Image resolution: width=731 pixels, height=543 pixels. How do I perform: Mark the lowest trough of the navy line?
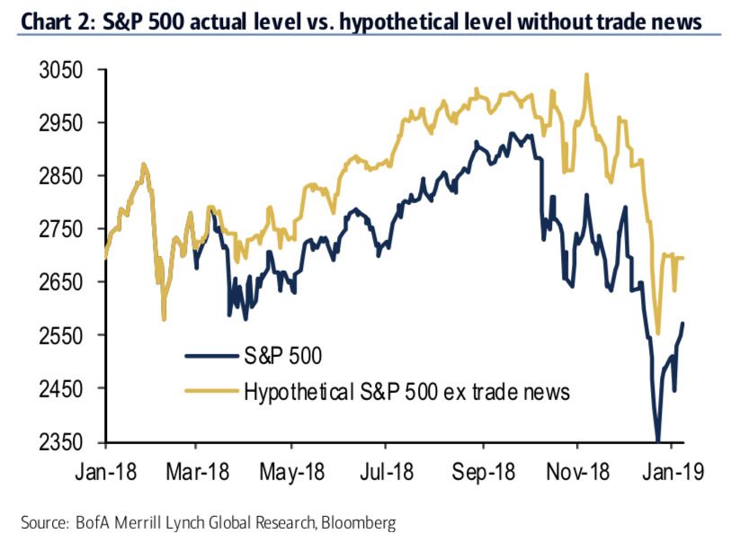coord(658,440)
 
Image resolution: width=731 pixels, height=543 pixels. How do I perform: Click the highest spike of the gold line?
coord(586,75)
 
